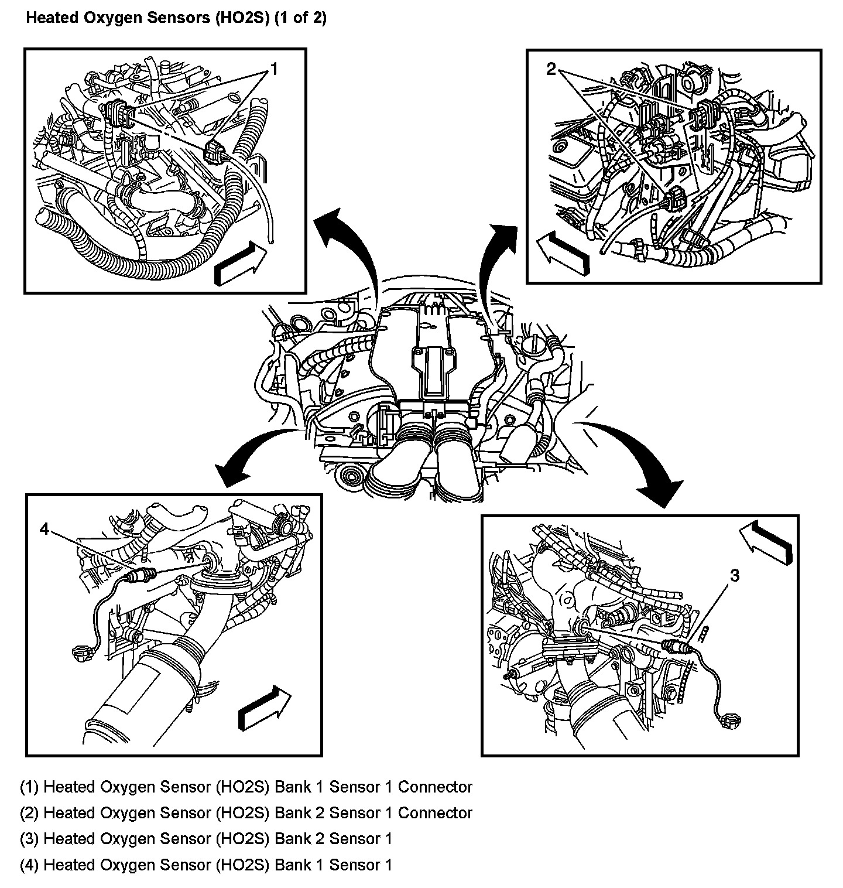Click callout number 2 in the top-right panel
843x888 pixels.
[x=551, y=70]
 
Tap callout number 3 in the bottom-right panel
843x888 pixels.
[x=734, y=576]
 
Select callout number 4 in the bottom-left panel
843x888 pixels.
[x=44, y=529]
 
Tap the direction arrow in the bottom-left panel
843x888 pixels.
[x=264, y=708]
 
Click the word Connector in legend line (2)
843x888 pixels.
[x=435, y=813]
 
